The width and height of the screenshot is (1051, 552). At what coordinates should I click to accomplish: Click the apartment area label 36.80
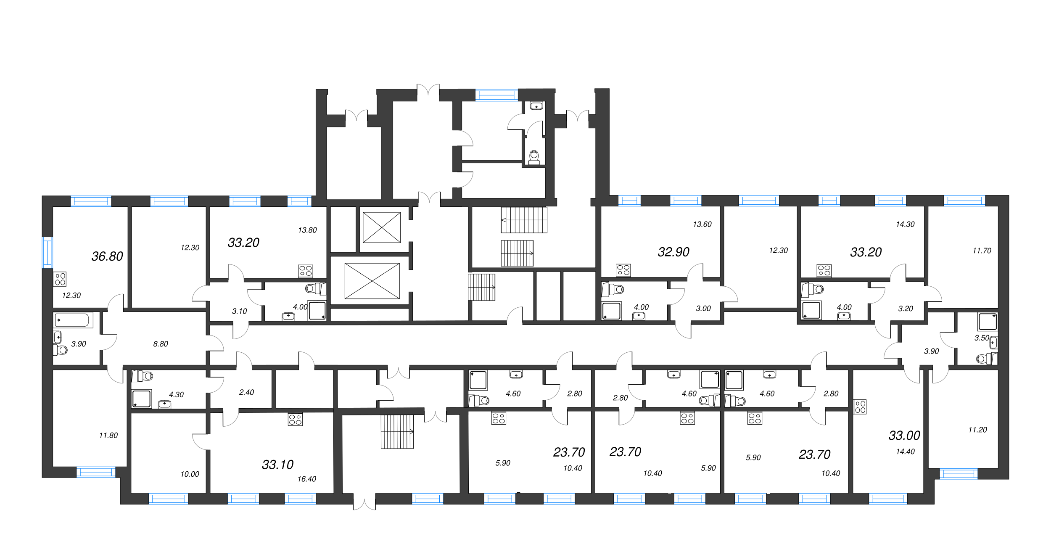pos(107,256)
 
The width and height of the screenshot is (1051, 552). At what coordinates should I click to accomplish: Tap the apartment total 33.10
pos(277,465)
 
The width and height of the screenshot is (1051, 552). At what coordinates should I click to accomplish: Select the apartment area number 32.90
pos(673,252)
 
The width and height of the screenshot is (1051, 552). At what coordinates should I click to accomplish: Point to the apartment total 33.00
pos(904,436)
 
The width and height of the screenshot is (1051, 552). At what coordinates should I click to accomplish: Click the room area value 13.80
pos(307,230)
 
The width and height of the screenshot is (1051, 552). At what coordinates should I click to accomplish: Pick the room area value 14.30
pos(905,224)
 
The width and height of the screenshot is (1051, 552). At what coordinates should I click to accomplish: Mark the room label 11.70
pos(982,251)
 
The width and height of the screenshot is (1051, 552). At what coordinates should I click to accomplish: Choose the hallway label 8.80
pos(161,344)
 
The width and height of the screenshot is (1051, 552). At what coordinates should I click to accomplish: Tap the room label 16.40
pos(306,479)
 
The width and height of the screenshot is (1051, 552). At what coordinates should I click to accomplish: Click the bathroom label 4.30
pos(176,394)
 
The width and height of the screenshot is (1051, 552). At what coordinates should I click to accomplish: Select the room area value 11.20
pos(977,430)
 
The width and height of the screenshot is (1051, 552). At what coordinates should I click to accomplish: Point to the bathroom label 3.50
pos(982,338)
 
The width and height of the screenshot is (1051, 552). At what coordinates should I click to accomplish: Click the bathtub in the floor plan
pos(73,320)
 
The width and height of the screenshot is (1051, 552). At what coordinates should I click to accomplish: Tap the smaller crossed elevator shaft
pos(382,227)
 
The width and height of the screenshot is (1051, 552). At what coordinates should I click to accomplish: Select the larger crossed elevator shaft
pos(372,281)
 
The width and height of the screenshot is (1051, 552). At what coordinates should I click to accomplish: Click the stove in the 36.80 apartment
pos(60,279)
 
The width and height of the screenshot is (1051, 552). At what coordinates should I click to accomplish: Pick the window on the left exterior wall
pos(48,252)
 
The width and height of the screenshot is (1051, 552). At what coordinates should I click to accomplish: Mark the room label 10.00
pos(190,474)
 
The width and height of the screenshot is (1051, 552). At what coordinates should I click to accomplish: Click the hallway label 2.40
pos(246,392)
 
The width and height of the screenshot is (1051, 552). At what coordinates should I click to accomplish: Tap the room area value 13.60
pos(702,224)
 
